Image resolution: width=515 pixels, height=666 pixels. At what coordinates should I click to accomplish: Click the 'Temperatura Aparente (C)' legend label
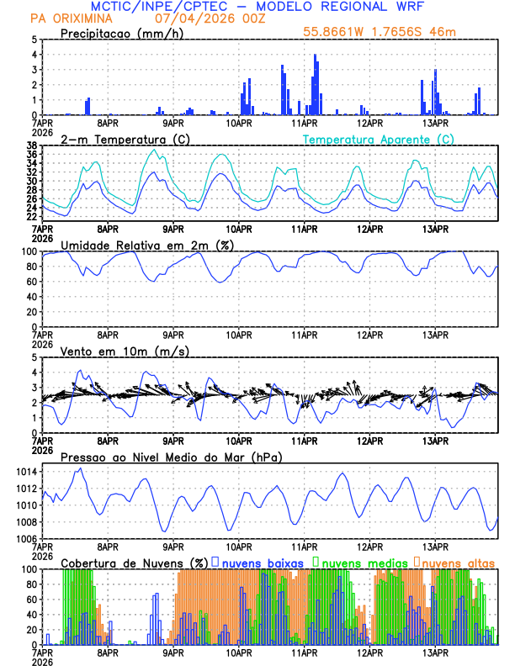click(x=379, y=139)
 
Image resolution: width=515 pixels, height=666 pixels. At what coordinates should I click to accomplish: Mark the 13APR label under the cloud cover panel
click(x=435, y=653)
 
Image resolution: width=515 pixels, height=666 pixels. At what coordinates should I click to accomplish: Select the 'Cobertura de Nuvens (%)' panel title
click(x=134, y=563)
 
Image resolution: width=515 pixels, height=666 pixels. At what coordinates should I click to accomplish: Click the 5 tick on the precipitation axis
click(x=33, y=40)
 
